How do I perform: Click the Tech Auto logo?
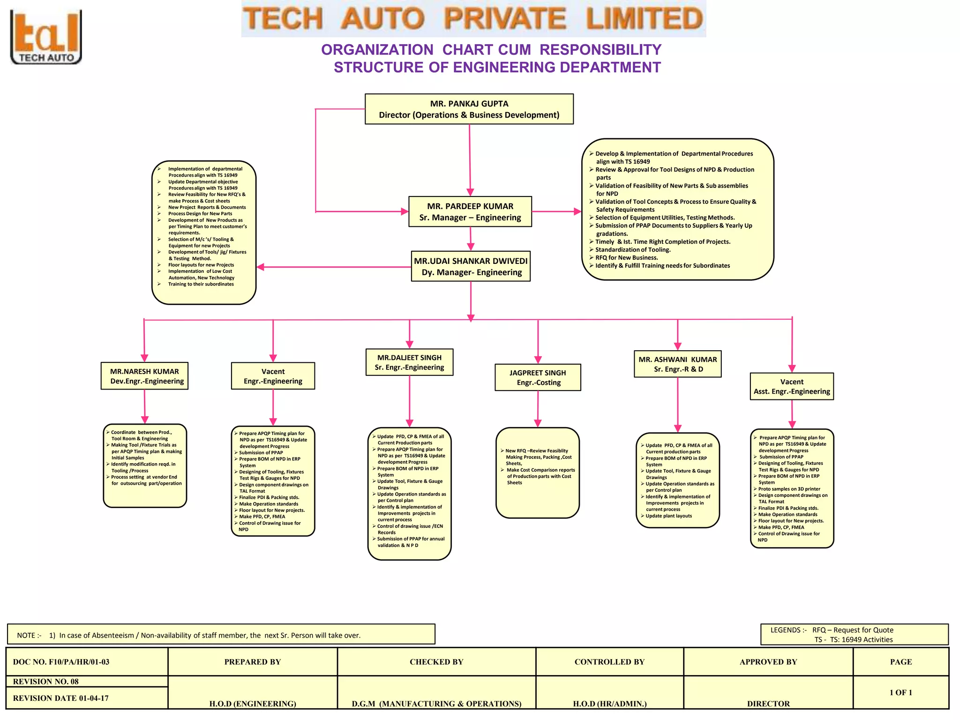click(x=46, y=37)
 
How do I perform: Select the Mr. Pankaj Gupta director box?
click(x=469, y=109)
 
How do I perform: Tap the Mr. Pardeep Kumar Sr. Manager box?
click(x=470, y=212)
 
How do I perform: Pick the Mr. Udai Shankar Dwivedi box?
click(x=471, y=266)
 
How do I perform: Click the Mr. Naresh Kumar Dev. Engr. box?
click(x=144, y=376)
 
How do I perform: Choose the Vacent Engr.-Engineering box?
click(x=273, y=376)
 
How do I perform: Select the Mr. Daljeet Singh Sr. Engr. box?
click(x=409, y=362)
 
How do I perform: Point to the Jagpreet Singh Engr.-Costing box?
click(x=538, y=377)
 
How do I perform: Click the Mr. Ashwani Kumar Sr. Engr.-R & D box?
click(x=677, y=364)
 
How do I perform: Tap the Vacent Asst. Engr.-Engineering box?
click(x=792, y=386)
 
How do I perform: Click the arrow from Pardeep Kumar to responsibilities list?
click(x=556, y=212)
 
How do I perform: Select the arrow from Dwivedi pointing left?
click(x=333, y=267)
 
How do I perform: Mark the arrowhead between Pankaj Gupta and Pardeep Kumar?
click(x=470, y=192)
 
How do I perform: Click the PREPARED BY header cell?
click(x=252, y=662)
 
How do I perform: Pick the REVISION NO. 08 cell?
click(x=87, y=682)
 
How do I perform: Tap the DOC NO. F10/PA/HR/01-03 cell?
click(x=87, y=662)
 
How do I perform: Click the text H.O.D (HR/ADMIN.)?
click(x=609, y=704)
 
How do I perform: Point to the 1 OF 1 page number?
click(x=900, y=692)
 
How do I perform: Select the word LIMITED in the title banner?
click(x=644, y=19)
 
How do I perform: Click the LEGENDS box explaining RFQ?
click(x=854, y=635)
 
